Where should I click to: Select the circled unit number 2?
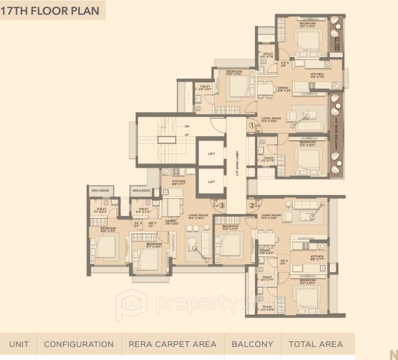(252, 205)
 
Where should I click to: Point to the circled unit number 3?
(223, 205)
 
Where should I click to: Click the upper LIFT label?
(211, 153)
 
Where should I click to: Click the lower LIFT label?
(211, 182)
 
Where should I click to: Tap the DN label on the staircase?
(187, 126)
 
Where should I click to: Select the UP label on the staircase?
(187, 135)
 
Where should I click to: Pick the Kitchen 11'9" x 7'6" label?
(317, 76)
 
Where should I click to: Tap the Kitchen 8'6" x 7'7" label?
(179, 183)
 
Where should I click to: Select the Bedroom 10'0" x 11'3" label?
(234, 72)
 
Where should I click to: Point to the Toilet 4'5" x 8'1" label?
(204, 88)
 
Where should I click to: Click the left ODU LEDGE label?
(99, 191)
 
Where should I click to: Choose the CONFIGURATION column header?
(79, 344)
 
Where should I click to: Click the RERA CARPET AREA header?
(172, 344)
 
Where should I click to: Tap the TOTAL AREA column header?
(315, 344)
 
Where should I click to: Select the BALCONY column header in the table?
(252, 344)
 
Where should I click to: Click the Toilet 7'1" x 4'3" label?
(101, 210)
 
